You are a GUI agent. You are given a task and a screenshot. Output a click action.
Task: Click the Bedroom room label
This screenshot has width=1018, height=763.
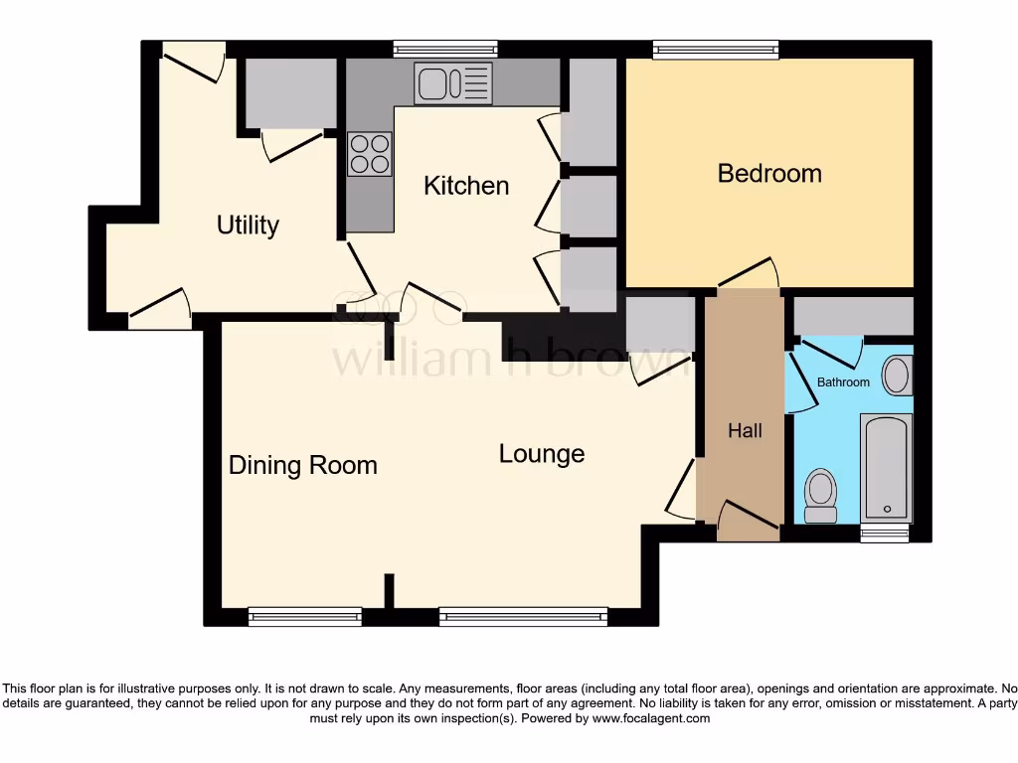769,173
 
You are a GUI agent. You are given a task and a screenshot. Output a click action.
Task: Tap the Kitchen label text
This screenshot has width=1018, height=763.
466,186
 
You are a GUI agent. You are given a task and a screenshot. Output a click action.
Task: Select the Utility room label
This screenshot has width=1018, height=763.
248,226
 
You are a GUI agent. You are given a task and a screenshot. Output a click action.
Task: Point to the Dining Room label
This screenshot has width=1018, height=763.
303,465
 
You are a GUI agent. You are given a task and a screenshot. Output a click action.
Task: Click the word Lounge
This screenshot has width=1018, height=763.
542,454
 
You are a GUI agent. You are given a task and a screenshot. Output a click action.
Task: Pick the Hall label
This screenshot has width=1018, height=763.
745,430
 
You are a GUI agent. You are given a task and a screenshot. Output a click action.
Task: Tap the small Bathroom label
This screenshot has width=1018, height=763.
843,382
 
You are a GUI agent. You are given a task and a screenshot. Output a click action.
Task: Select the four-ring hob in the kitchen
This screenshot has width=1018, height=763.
369,154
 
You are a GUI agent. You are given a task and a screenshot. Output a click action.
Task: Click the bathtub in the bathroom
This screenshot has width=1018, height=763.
886,468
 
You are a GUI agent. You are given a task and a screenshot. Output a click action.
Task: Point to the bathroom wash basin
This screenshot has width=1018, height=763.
897,376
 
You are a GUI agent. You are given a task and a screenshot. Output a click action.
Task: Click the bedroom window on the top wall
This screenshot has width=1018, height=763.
716,49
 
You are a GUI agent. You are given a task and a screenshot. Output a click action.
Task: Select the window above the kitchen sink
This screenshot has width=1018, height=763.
444,49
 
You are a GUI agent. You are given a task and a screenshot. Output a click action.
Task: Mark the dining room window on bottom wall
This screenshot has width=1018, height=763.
305,617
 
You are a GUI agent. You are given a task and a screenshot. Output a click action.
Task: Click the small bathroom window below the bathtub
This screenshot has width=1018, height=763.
885,534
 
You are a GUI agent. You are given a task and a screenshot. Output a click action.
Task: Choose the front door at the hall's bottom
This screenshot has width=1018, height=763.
748,518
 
